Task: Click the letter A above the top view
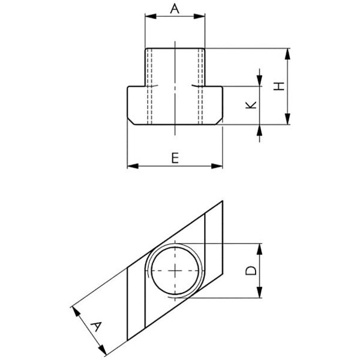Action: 175,9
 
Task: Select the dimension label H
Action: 279,86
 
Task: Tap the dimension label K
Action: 251,105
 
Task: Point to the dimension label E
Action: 175,158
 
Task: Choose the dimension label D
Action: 251,271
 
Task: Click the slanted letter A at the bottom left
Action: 96,326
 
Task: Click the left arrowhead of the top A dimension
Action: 151,16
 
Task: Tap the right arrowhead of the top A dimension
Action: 199,16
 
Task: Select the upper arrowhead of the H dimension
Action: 287,54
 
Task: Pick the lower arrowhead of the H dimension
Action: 287,119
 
